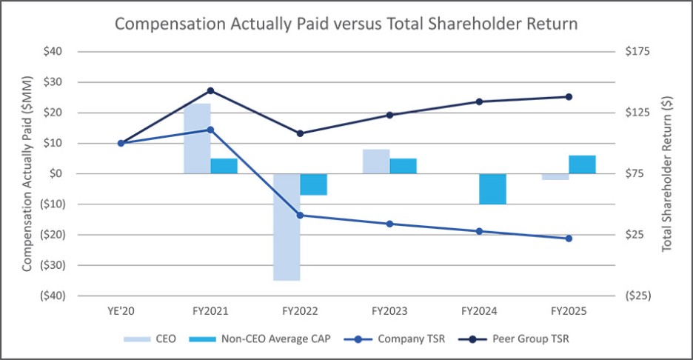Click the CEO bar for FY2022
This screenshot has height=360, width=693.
click(x=287, y=227)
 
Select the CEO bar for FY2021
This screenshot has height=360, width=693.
click(x=197, y=139)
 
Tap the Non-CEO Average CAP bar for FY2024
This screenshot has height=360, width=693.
click(x=492, y=189)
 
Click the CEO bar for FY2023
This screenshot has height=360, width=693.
click(x=376, y=161)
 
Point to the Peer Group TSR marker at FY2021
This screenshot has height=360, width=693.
click(x=210, y=90)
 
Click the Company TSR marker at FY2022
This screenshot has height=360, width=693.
click(x=300, y=216)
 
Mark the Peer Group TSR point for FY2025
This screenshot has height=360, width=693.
click(x=569, y=96)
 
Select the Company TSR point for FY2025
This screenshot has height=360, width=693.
click(x=569, y=239)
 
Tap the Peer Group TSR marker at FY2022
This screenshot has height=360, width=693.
click(x=300, y=133)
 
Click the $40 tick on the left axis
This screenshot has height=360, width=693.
click(x=52, y=52)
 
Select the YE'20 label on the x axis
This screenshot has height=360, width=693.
click(x=121, y=312)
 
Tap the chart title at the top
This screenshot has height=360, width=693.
click(x=346, y=24)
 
